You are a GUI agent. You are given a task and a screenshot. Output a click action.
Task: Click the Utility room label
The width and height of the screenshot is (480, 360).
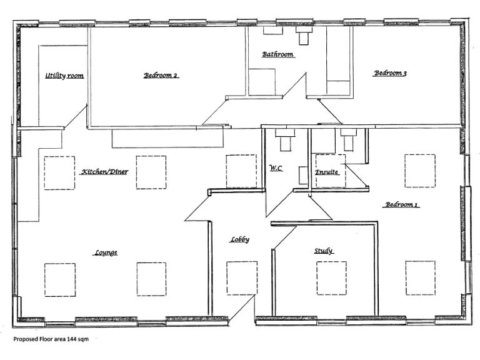[x=64, y=76]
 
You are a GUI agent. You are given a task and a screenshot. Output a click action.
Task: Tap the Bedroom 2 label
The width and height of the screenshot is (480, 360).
[x=161, y=76]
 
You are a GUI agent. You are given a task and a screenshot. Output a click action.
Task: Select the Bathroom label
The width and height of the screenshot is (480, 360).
[x=277, y=55]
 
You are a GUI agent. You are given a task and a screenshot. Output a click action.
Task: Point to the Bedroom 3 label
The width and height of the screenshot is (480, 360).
[x=390, y=74]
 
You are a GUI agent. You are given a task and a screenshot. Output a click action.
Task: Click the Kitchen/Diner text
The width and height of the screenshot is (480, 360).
[x=104, y=171]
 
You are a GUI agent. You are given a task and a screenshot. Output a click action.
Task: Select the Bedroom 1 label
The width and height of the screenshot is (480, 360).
[x=401, y=204]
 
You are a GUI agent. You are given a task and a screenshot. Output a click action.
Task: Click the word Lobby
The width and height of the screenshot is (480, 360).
[x=239, y=239]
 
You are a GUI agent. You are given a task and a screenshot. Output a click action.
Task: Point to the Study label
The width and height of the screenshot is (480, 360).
[x=323, y=251]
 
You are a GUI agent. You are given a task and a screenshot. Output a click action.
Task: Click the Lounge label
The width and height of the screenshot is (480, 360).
[x=106, y=252]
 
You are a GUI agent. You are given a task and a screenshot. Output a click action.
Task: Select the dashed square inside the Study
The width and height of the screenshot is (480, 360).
[x=331, y=277]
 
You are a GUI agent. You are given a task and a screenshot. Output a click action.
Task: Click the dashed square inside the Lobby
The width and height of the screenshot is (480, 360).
[x=241, y=277]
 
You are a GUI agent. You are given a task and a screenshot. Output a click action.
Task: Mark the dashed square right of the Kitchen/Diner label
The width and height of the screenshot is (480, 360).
[x=151, y=172]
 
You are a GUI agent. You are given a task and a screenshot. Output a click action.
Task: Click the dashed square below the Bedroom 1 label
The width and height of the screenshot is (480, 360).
[x=420, y=277]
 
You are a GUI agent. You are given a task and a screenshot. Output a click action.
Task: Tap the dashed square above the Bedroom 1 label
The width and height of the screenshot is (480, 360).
[x=420, y=170]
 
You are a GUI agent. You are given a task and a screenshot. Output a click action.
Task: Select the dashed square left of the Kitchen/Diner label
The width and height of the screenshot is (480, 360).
[x=59, y=172]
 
